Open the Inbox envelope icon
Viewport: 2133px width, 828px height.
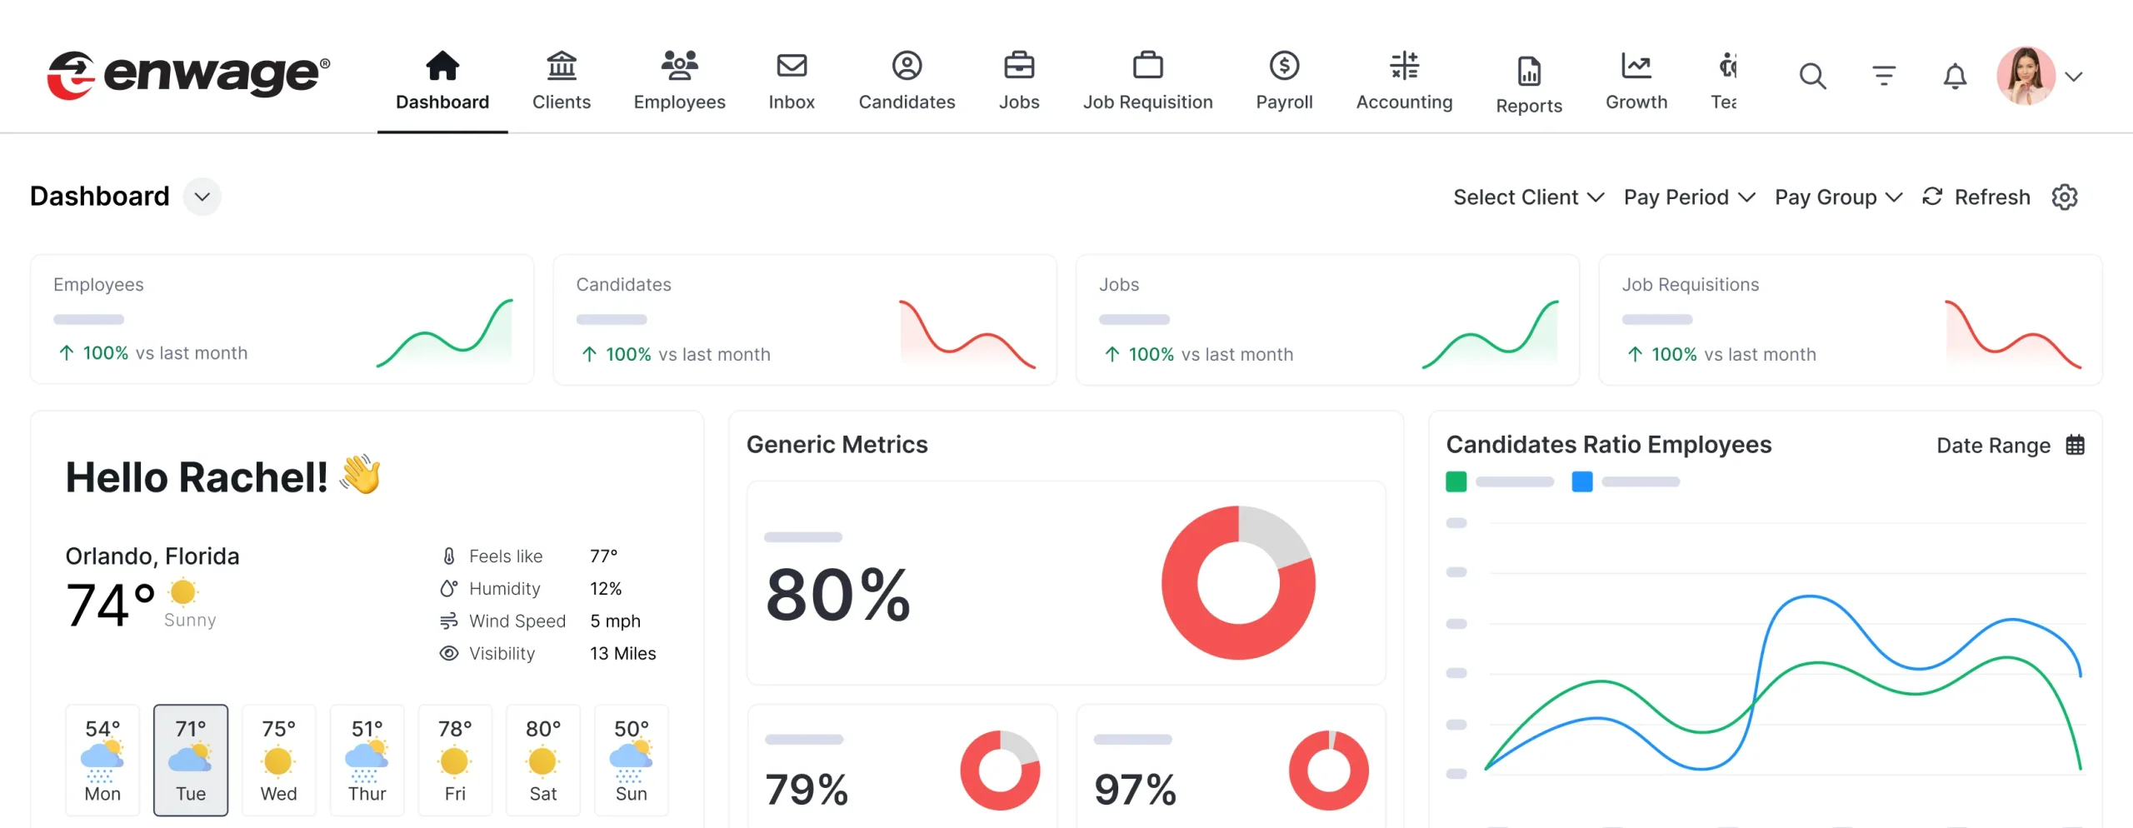[791, 65]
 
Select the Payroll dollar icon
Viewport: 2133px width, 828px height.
[1284, 65]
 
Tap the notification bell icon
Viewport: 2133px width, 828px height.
[1955, 77]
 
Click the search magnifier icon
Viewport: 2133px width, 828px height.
[1812, 77]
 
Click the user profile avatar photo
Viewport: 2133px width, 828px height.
[2026, 76]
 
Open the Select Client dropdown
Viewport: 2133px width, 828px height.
[1527, 197]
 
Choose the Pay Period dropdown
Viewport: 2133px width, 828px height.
[1689, 197]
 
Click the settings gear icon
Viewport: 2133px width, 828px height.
[2064, 197]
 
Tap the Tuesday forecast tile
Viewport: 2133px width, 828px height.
[191, 760]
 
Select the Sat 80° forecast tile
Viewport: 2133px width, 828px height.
[542, 760]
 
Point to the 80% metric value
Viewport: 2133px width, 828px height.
[837, 595]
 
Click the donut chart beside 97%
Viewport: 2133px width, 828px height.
[1328, 771]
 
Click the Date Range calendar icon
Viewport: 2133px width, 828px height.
[2075, 445]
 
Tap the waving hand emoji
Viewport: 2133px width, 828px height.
[361, 475]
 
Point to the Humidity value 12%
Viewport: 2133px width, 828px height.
[606, 589]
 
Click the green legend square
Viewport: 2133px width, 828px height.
[1456, 481]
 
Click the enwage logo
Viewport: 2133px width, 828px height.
[188, 75]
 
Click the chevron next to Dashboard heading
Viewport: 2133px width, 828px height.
[202, 197]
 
